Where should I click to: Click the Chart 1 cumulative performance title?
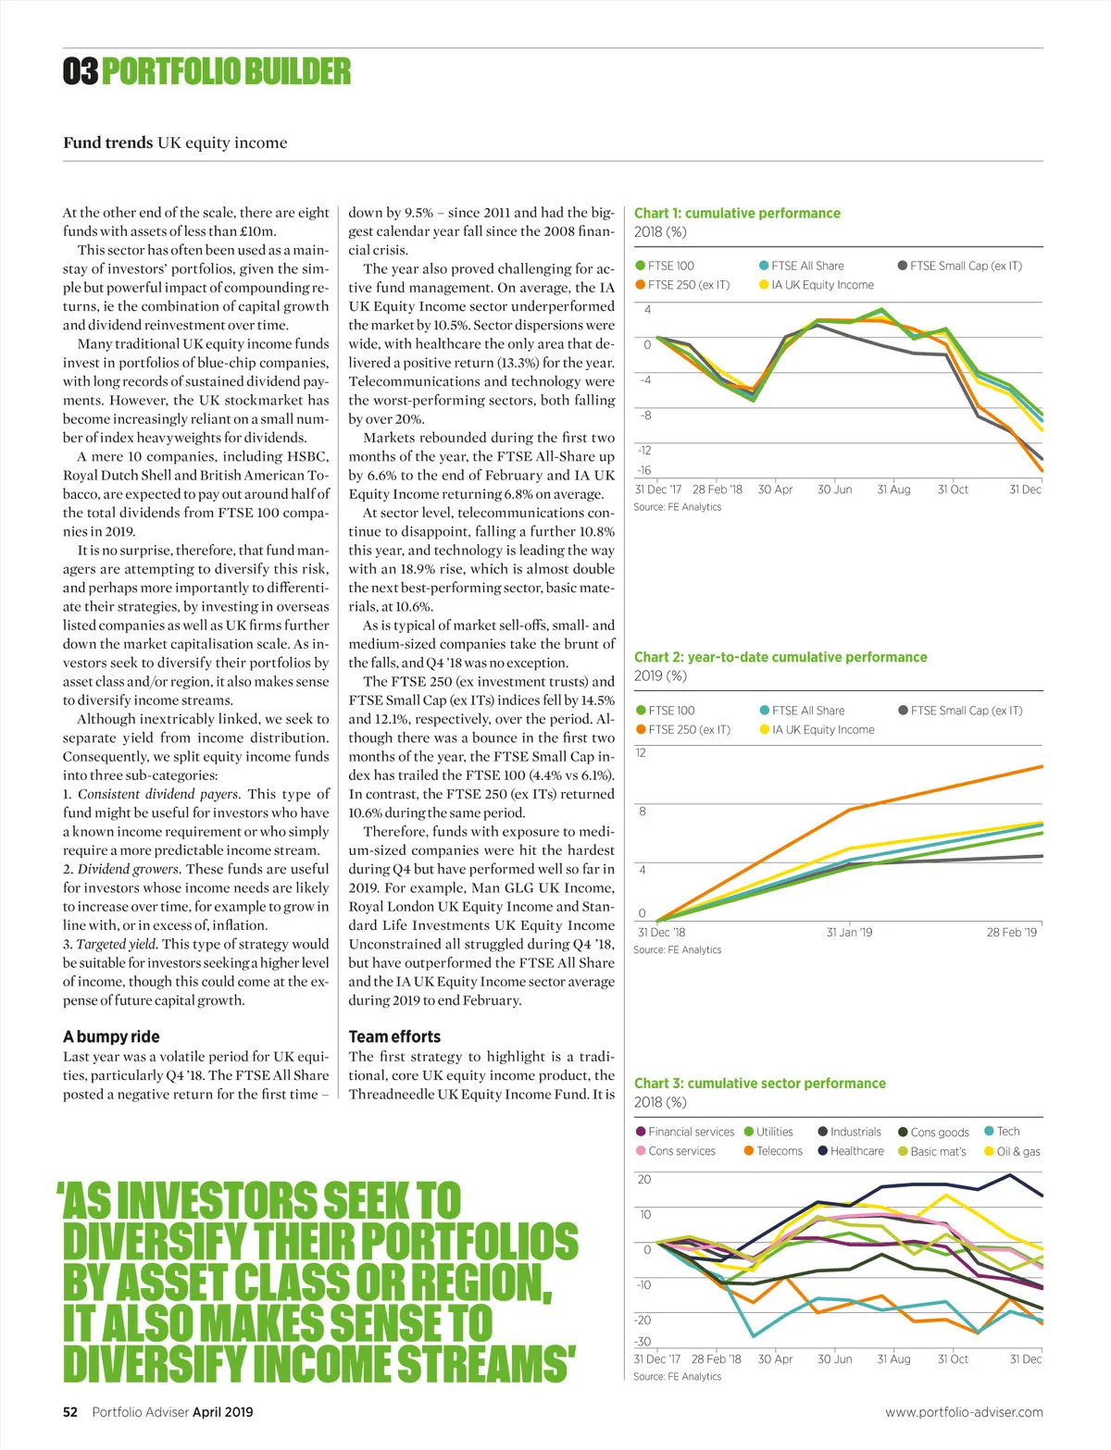737,213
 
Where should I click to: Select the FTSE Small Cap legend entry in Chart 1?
965,266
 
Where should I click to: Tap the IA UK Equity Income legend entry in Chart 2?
822,729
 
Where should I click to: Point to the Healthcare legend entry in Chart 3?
856,1151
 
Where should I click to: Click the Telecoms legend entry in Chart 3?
779,1151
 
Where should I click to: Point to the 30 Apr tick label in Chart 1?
775,490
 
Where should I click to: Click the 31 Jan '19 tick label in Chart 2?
849,932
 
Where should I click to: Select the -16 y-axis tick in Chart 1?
644,470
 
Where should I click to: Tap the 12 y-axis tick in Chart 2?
642,753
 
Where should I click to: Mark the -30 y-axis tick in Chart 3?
643,1342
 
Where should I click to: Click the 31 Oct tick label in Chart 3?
953,1359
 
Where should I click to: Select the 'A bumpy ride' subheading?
111,1036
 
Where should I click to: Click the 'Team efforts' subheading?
394,1036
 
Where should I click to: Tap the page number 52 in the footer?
70,1412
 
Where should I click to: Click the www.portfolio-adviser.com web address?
964,1412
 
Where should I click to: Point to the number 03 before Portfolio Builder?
81,71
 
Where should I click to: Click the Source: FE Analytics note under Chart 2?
677,949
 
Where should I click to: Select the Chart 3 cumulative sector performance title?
759,1083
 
